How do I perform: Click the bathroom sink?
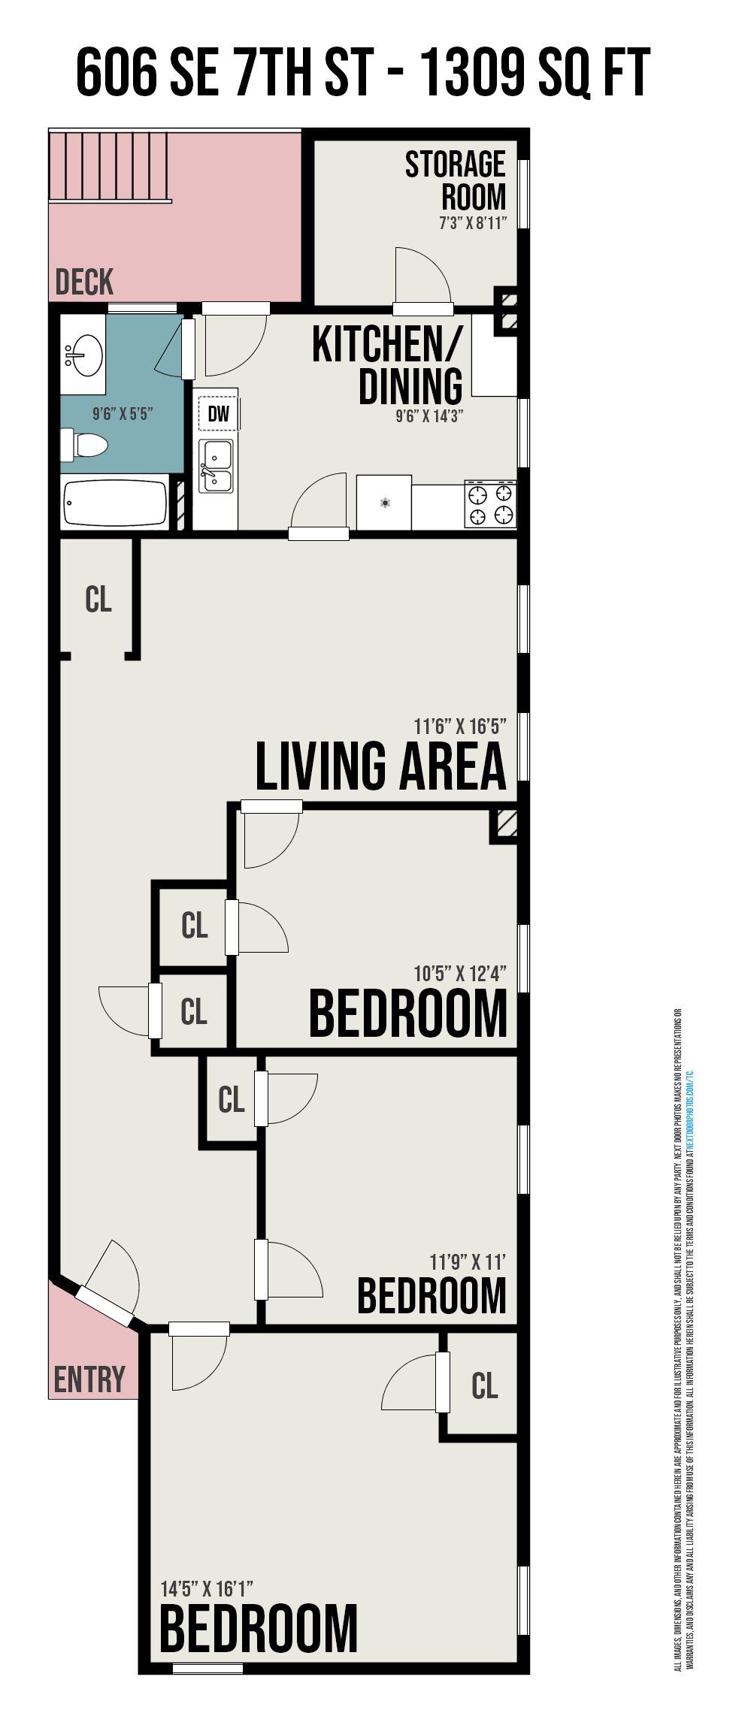83,354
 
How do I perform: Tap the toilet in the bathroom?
84,446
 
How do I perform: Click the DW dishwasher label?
218,413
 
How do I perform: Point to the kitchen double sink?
216,467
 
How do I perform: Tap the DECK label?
84,282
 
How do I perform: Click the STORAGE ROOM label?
456,180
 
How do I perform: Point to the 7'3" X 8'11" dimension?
473,223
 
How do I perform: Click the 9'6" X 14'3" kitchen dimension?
429,416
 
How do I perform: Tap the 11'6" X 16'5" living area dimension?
460,727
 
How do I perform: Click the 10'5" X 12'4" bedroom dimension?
460,974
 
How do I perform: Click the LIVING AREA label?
380,766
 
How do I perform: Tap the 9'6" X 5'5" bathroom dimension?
123,413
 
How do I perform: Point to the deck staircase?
109,167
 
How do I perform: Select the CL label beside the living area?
98,600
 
